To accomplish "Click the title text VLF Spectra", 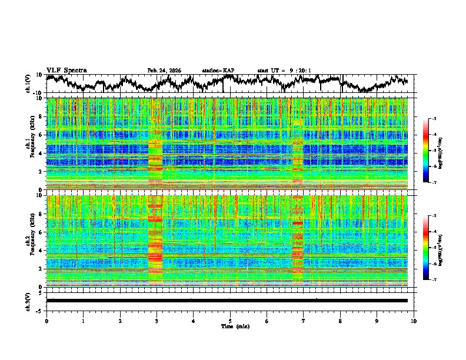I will pyautogui.click(x=66, y=70).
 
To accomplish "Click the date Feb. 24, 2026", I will pyautogui.click(x=164, y=71).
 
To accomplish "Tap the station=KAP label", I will pyautogui.click(x=218, y=71).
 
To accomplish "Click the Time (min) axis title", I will pyautogui.click(x=230, y=326).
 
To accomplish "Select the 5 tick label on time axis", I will pyautogui.click(x=230, y=321).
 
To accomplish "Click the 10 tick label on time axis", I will pyautogui.click(x=414, y=321).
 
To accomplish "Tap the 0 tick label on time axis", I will pyautogui.click(x=46, y=321).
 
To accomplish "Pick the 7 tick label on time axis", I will pyautogui.click(x=304, y=321).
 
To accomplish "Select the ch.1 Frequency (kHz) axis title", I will pyautogui.click(x=32, y=144).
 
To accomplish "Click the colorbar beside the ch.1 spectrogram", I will pyautogui.click(x=432, y=151).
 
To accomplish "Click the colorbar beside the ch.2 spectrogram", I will pyautogui.click(x=432, y=248).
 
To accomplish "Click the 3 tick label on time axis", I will pyautogui.click(x=157, y=321).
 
